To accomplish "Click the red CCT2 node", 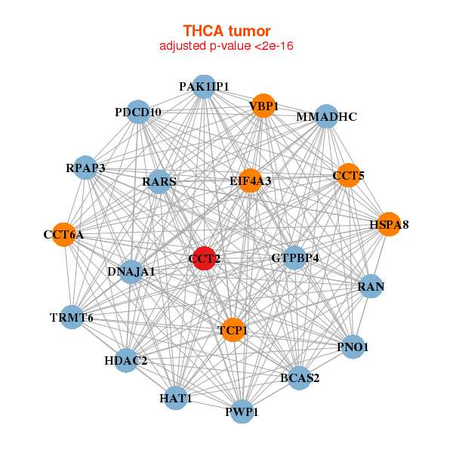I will [205, 258].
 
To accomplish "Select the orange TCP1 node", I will [233, 329].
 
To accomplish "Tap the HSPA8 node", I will [389, 224].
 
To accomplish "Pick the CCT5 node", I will [348, 176].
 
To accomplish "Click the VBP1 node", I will [264, 106].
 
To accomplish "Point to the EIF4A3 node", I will [251, 181].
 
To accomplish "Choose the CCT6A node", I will [64, 235].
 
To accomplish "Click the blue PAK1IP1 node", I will [204, 87].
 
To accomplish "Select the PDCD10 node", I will [138, 112].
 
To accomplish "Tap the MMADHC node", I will [326, 117].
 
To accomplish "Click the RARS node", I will [159, 182].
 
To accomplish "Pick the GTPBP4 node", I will [294, 258].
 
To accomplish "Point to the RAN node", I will [371, 286].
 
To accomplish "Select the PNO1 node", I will [353, 347].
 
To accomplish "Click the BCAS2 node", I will [300, 377].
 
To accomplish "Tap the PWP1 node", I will [242, 411].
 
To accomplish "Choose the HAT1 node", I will [175, 398].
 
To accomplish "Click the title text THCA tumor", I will [226, 31].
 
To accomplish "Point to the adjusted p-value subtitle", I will [226, 46].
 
